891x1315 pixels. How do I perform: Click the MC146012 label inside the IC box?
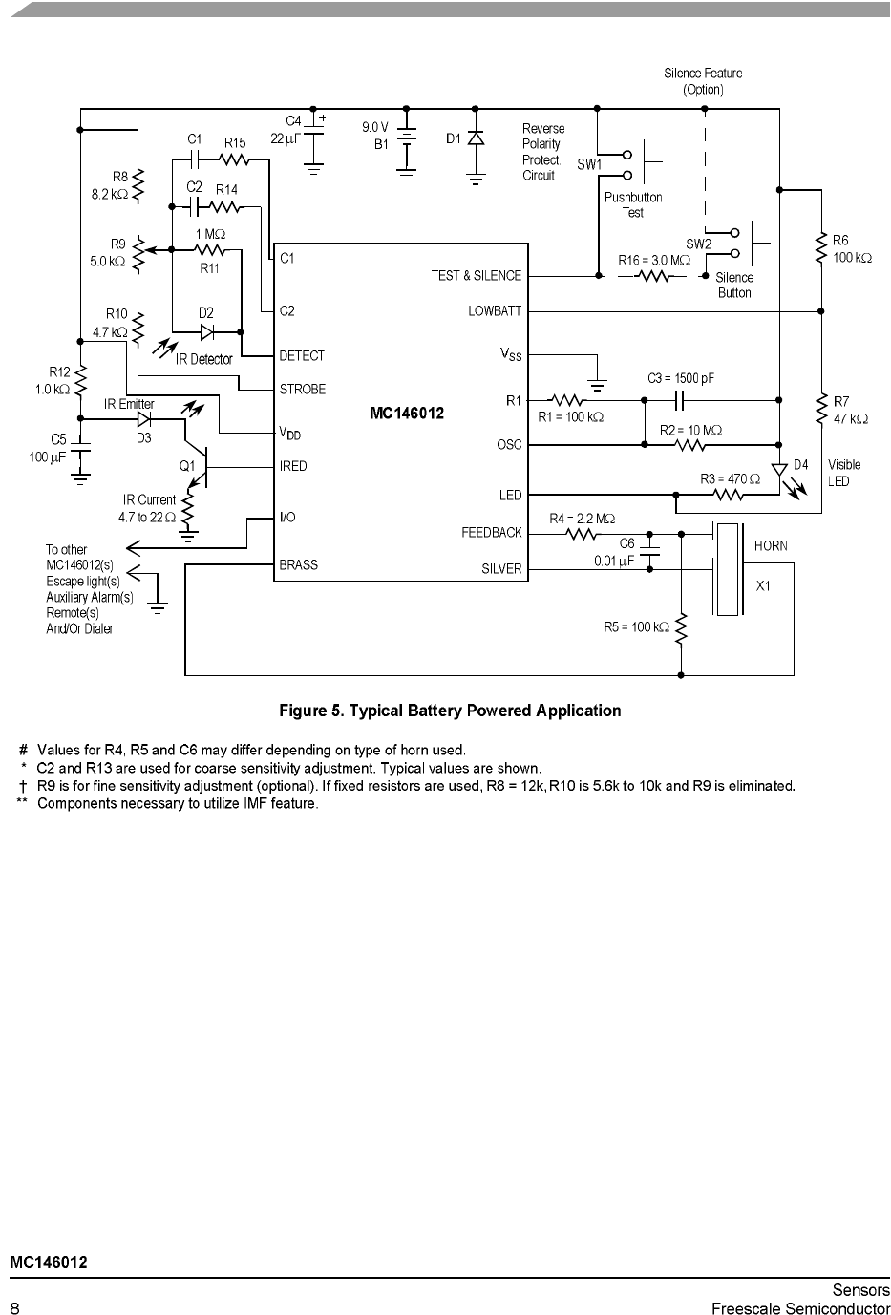point(407,414)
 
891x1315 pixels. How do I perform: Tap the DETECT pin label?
point(302,356)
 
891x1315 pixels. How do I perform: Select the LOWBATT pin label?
point(495,311)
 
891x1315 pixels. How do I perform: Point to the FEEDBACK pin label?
point(491,533)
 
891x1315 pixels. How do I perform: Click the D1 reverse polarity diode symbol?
point(476,138)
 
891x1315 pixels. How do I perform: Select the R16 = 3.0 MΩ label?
point(654,260)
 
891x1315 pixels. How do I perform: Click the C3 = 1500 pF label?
point(681,378)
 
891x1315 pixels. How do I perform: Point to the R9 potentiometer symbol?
point(138,254)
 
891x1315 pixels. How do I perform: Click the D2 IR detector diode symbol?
point(207,332)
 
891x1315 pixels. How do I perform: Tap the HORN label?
point(771,546)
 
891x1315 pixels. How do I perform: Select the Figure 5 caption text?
point(450,711)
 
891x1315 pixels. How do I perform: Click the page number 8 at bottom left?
point(14,1307)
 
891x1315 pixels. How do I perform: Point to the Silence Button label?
point(734,286)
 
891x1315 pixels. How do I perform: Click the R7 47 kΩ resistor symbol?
point(821,409)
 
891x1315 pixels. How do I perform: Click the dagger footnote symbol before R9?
point(23,786)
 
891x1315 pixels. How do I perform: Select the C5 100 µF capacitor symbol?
point(80,450)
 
